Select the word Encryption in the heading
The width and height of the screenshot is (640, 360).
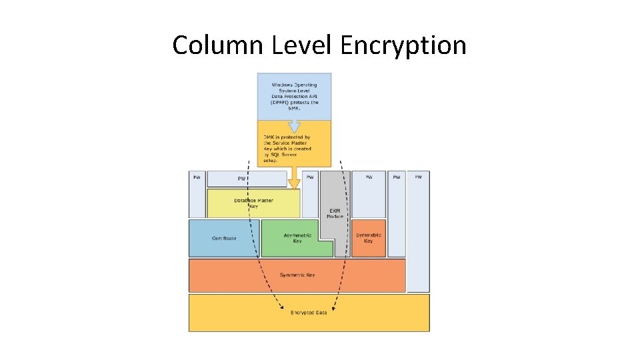click(403, 45)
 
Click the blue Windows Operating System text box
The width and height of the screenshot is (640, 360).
click(295, 97)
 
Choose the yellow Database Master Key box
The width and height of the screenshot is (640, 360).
click(253, 203)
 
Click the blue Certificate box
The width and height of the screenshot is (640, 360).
click(224, 238)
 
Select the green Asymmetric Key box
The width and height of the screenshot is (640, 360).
click(297, 238)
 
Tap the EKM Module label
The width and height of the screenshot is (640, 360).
click(335, 213)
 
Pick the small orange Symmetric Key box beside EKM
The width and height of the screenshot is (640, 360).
click(369, 237)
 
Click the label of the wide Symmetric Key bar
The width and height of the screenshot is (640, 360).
click(297, 275)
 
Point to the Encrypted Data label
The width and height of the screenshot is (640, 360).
click(309, 313)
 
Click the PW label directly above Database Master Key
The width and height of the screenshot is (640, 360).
click(242, 179)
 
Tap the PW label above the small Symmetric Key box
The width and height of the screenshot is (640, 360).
click(369, 177)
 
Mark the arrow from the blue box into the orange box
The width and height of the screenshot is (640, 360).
click(294, 125)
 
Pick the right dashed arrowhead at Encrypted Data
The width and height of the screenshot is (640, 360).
click(333, 308)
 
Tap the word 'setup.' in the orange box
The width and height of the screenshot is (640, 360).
click(271, 161)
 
